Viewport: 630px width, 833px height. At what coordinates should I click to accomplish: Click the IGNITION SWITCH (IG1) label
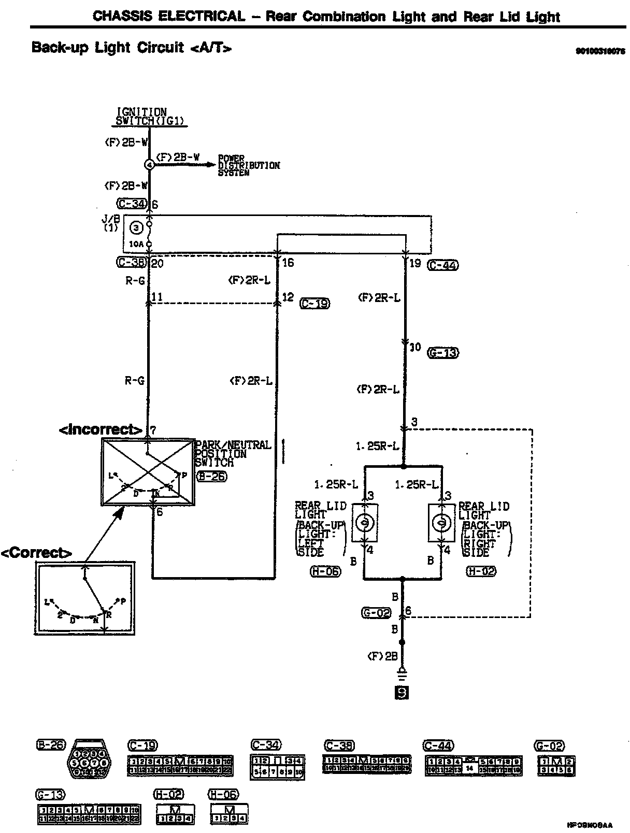(x=150, y=117)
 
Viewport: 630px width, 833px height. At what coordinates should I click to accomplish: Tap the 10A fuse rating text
(x=136, y=244)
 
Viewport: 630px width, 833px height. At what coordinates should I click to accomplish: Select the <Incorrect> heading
(x=101, y=429)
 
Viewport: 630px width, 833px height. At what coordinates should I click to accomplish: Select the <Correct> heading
(x=36, y=553)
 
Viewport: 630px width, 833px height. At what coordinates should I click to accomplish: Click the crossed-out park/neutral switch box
(x=148, y=471)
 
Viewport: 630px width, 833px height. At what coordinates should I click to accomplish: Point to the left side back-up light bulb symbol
(x=365, y=523)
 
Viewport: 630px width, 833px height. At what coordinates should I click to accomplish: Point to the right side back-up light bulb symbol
(x=442, y=523)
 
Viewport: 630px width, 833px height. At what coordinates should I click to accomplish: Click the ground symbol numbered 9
(x=402, y=692)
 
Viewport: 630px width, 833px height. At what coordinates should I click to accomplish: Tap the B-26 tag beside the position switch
(x=211, y=477)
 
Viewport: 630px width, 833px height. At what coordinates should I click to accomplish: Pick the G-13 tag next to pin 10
(x=443, y=353)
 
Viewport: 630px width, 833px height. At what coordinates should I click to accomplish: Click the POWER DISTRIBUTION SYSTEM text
(x=249, y=165)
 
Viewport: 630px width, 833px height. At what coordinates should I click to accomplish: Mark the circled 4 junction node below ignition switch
(x=149, y=165)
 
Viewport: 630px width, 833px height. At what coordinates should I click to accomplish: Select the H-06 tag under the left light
(x=325, y=571)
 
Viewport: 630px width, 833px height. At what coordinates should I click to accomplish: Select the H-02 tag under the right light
(x=481, y=571)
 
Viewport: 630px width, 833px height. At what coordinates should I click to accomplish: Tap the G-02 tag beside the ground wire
(x=376, y=613)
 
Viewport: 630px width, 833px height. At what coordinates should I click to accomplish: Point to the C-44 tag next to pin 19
(x=443, y=265)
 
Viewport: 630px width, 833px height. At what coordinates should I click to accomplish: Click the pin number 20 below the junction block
(x=158, y=264)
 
